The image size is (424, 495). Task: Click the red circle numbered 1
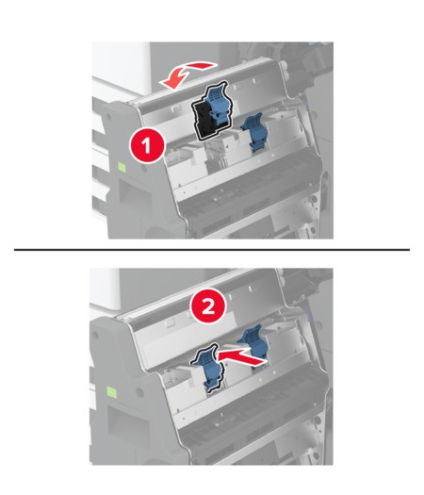coord(147,146)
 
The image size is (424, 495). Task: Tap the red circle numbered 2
coord(208,306)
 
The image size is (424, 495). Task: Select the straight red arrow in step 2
coord(241,357)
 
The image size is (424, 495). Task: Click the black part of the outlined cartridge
coord(204,121)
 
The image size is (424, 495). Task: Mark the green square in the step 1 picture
coord(122,167)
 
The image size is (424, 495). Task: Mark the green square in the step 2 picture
coord(111,392)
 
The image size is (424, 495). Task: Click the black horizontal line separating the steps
coord(212,250)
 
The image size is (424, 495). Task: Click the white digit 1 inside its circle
coord(147,146)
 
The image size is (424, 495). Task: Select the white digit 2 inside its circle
coord(208,306)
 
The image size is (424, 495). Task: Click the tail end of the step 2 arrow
coord(265,361)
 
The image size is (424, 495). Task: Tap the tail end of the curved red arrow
coord(215,65)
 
